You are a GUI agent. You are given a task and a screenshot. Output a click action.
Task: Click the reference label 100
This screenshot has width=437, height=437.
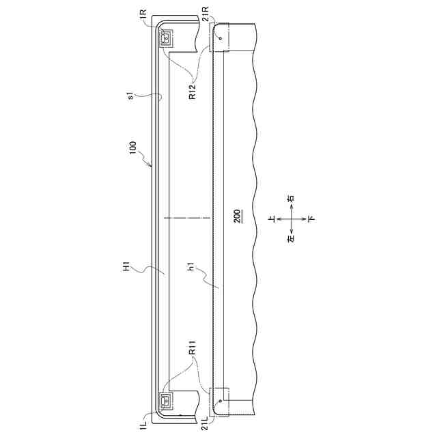(x=133, y=147)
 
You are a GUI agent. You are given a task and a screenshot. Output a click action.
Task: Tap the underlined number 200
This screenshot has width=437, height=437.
(x=238, y=216)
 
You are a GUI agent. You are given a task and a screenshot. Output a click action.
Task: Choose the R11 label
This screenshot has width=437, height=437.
(x=193, y=348)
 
